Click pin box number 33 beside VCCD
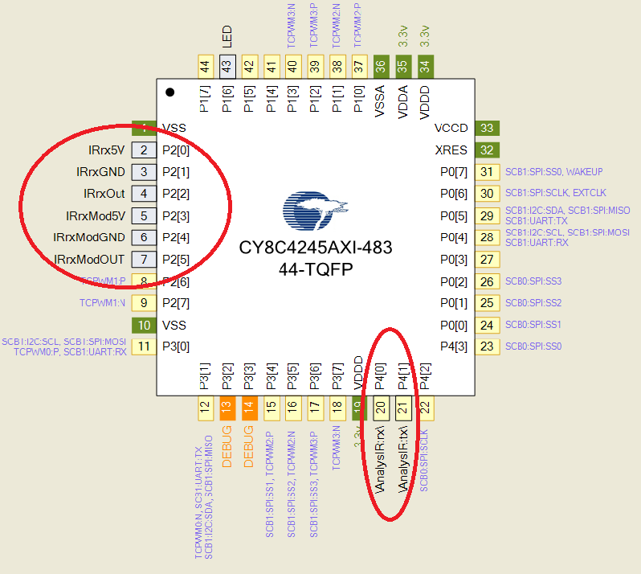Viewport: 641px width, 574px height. point(486,128)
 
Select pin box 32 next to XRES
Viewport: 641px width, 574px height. point(486,150)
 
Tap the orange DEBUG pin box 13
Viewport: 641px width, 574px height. point(227,408)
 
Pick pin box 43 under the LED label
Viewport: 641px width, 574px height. point(227,67)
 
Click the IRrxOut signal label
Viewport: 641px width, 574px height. point(104,194)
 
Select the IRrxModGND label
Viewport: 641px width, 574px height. point(89,237)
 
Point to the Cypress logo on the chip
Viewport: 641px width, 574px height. point(315,211)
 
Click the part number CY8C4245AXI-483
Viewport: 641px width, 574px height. point(316,248)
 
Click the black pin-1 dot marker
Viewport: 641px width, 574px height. point(170,92)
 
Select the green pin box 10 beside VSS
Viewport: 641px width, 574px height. point(144,325)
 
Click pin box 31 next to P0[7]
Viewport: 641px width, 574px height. point(486,171)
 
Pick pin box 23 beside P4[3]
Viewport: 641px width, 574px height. point(486,346)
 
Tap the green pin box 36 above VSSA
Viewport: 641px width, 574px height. point(381,67)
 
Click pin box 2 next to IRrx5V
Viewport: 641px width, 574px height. point(144,150)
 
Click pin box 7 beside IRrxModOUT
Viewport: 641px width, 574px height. point(144,260)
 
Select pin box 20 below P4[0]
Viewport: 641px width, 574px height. point(381,408)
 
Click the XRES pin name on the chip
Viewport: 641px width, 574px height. point(450,150)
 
